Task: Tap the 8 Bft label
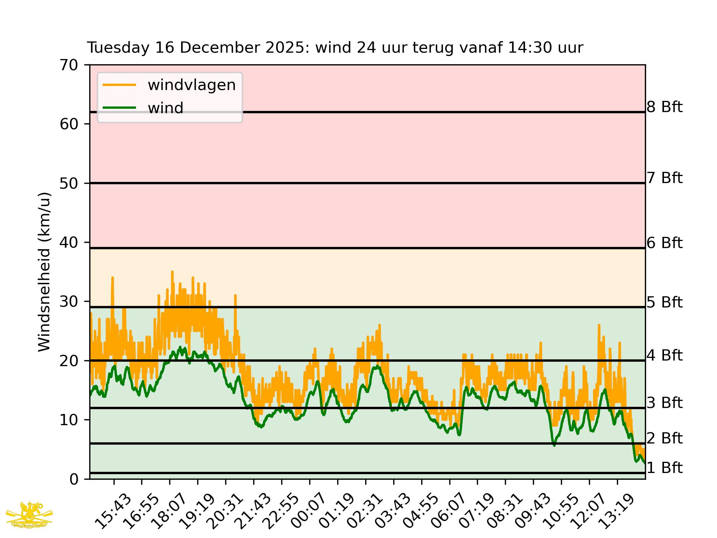coord(664,107)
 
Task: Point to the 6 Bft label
coord(664,243)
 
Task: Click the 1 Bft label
coord(664,468)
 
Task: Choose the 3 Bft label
coord(664,403)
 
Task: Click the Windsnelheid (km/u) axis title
coord(44,272)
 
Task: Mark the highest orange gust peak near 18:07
coord(172,272)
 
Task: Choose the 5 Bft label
coord(664,302)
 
